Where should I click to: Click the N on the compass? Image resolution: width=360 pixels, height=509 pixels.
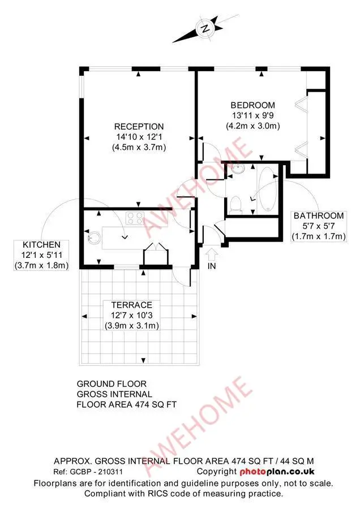coord(205,29)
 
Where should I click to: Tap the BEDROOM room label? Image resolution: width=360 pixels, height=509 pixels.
coord(253,105)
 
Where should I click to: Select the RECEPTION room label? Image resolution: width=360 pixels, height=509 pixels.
coord(139,127)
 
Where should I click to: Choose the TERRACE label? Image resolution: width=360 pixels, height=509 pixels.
coord(131,305)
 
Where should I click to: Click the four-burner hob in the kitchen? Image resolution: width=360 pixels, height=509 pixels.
coord(135,218)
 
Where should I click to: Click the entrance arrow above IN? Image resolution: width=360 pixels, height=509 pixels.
coord(212,254)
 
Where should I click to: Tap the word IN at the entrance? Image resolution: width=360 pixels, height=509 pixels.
coord(212,266)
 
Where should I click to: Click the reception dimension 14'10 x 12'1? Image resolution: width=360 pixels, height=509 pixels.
coord(139,137)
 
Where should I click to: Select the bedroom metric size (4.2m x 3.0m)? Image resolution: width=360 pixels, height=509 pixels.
coord(253,126)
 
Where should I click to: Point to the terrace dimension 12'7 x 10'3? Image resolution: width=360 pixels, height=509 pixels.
coord(131,315)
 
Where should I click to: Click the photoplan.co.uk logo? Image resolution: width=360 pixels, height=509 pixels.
coord(277,472)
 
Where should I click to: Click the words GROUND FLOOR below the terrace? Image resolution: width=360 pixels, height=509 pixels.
coord(112,384)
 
